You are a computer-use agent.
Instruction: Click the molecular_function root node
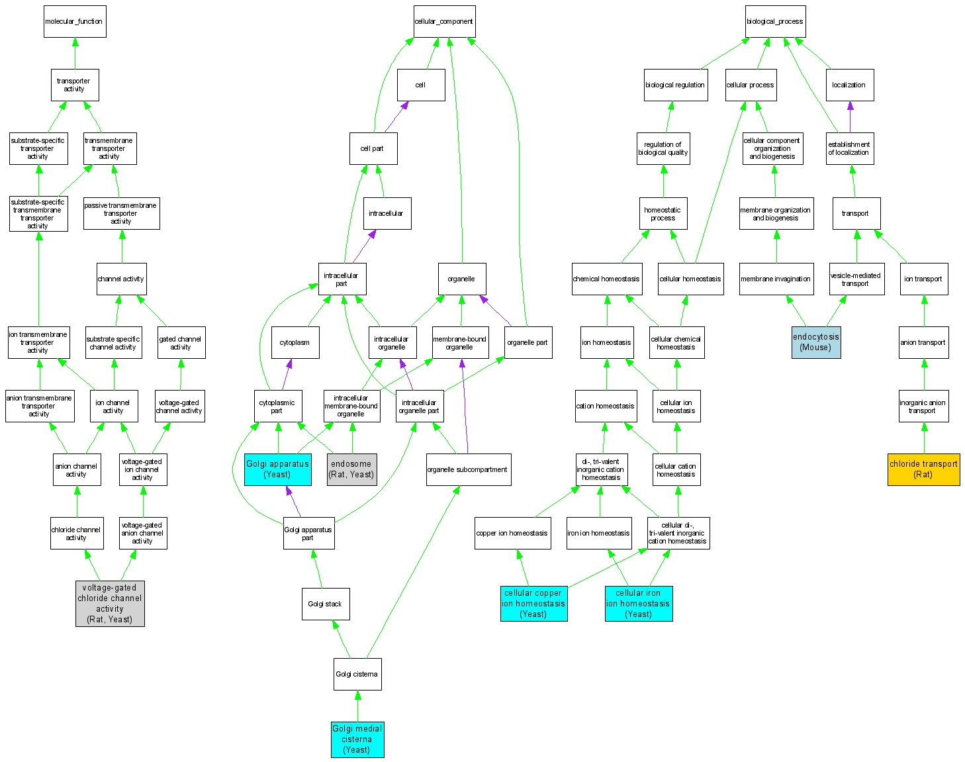(x=74, y=22)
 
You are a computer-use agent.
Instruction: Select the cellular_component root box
(x=443, y=22)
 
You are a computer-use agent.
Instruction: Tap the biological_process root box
(x=774, y=22)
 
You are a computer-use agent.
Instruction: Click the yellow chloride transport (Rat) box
(x=923, y=469)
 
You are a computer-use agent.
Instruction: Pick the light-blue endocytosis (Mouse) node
(x=815, y=342)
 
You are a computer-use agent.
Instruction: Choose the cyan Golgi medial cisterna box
(x=357, y=739)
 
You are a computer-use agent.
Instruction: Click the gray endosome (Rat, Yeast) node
(x=351, y=469)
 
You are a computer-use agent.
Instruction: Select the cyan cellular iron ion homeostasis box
(x=638, y=604)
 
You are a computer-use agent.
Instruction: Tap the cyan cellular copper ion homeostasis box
(x=533, y=604)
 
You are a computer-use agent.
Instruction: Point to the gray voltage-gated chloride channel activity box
(x=110, y=604)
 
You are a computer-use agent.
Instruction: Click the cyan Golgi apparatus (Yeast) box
(x=277, y=469)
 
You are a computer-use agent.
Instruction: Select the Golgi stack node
(x=325, y=604)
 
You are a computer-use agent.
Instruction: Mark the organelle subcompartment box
(x=468, y=469)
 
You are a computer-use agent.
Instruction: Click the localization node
(x=849, y=85)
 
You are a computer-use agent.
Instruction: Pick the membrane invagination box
(x=776, y=279)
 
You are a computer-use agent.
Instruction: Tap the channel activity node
(x=121, y=279)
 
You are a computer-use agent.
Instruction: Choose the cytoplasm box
(x=295, y=342)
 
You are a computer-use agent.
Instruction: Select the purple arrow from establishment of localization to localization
(x=850, y=117)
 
